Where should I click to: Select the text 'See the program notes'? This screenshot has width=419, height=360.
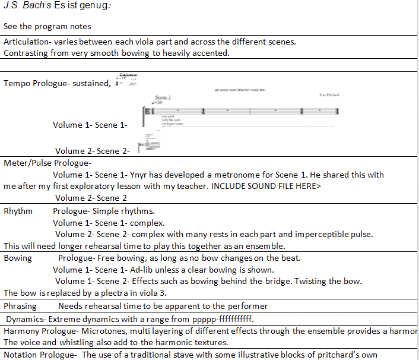pyautogui.click(x=47, y=27)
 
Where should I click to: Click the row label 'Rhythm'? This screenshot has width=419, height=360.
pyautogui.click(x=18, y=211)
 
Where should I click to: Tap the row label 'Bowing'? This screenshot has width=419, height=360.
pyautogui.click(x=18, y=258)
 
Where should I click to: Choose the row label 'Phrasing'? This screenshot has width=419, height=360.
pyautogui.click(x=20, y=306)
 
